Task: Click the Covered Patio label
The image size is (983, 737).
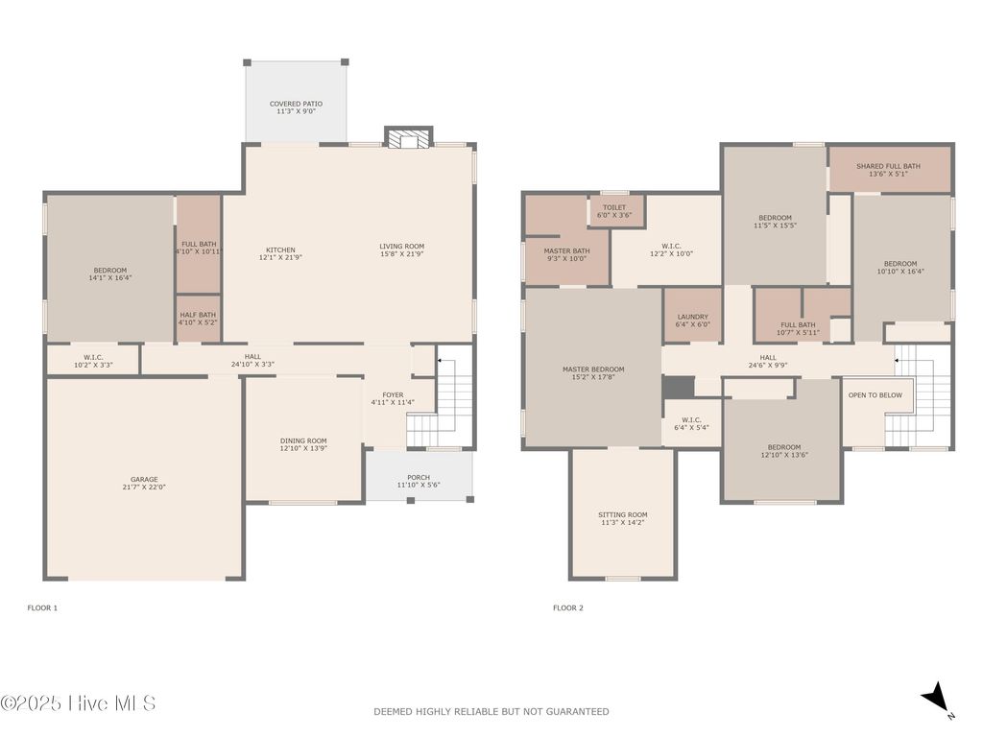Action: (296, 104)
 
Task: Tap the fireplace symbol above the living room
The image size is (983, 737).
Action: (409, 138)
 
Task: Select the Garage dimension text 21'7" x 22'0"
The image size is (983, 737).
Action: (144, 487)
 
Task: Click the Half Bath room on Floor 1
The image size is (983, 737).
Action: (198, 319)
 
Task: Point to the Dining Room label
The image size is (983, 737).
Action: (303, 440)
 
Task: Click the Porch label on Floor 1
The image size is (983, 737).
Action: (419, 478)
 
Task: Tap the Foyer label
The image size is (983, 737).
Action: (393, 394)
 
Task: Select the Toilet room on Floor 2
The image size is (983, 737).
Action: (615, 210)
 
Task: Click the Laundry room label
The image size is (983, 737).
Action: (693, 317)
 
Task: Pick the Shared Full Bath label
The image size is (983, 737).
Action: (888, 166)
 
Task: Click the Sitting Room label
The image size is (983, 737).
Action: (622, 514)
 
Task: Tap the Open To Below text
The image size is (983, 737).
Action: (875, 395)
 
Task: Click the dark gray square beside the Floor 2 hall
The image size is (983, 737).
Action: (679, 388)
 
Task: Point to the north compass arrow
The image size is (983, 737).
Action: (935, 698)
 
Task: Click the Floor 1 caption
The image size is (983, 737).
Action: (42, 607)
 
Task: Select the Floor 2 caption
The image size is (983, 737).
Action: (568, 607)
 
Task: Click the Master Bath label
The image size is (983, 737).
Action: (566, 250)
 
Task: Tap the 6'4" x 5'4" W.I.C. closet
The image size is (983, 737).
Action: (691, 423)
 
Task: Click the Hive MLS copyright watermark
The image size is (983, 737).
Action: (78, 703)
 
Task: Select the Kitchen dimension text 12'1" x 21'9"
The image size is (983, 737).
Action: (281, 257)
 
